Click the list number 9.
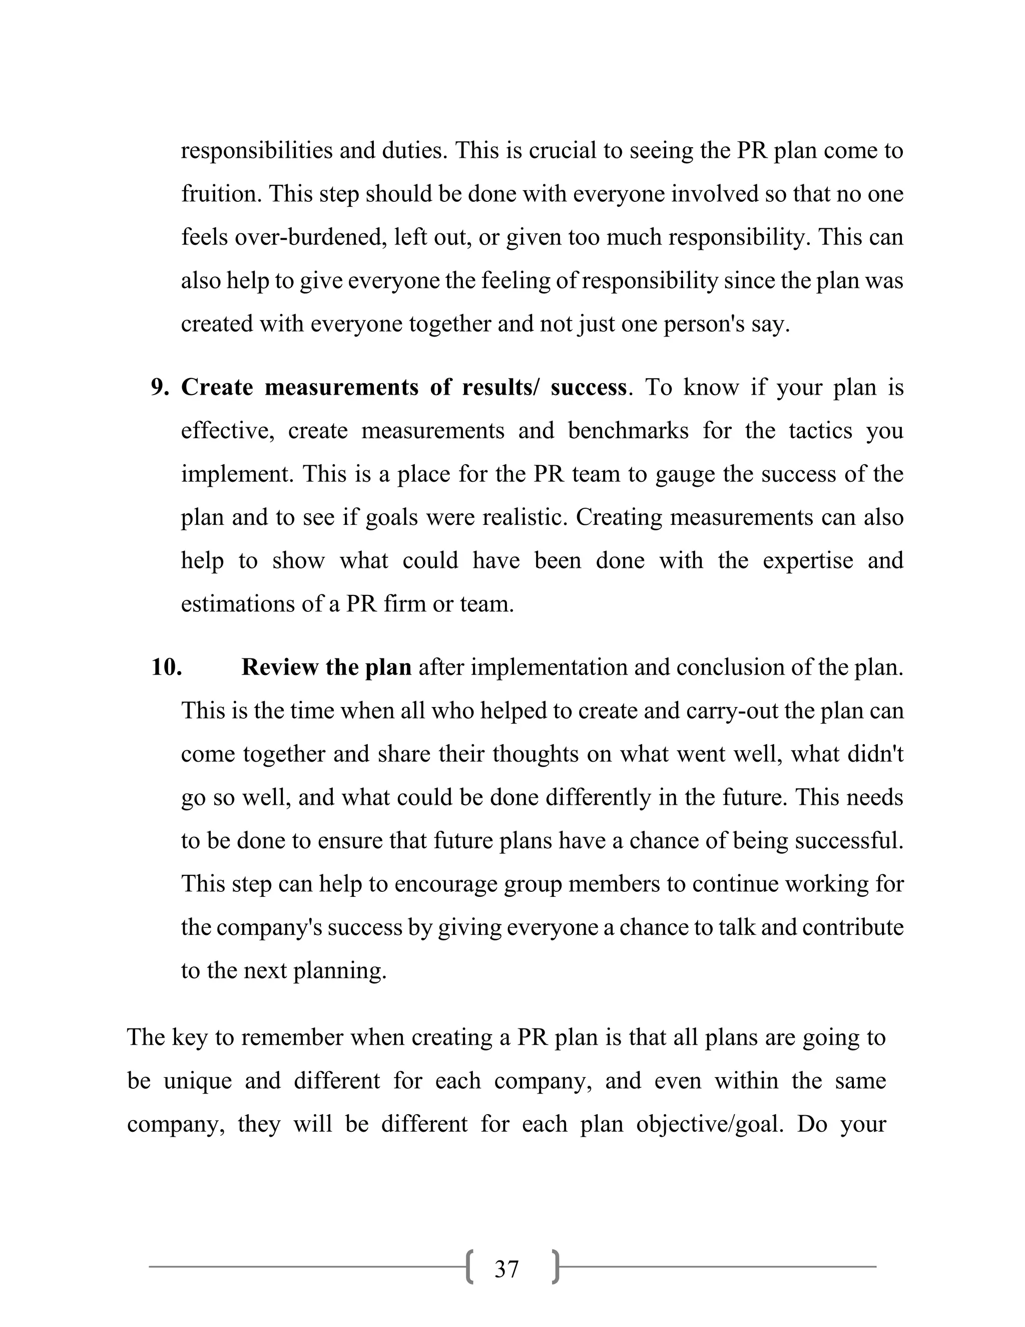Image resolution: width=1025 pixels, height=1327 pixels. [160, 387]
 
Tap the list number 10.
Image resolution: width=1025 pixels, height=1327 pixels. [166, 667]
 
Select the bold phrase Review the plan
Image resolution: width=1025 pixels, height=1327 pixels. [326, 667]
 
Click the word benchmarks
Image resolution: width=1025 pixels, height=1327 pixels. [628, 431]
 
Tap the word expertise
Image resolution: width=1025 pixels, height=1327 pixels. [808, 560]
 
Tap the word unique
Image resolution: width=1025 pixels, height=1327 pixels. [197, 1081]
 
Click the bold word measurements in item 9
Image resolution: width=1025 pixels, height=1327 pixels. [341, 387]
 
